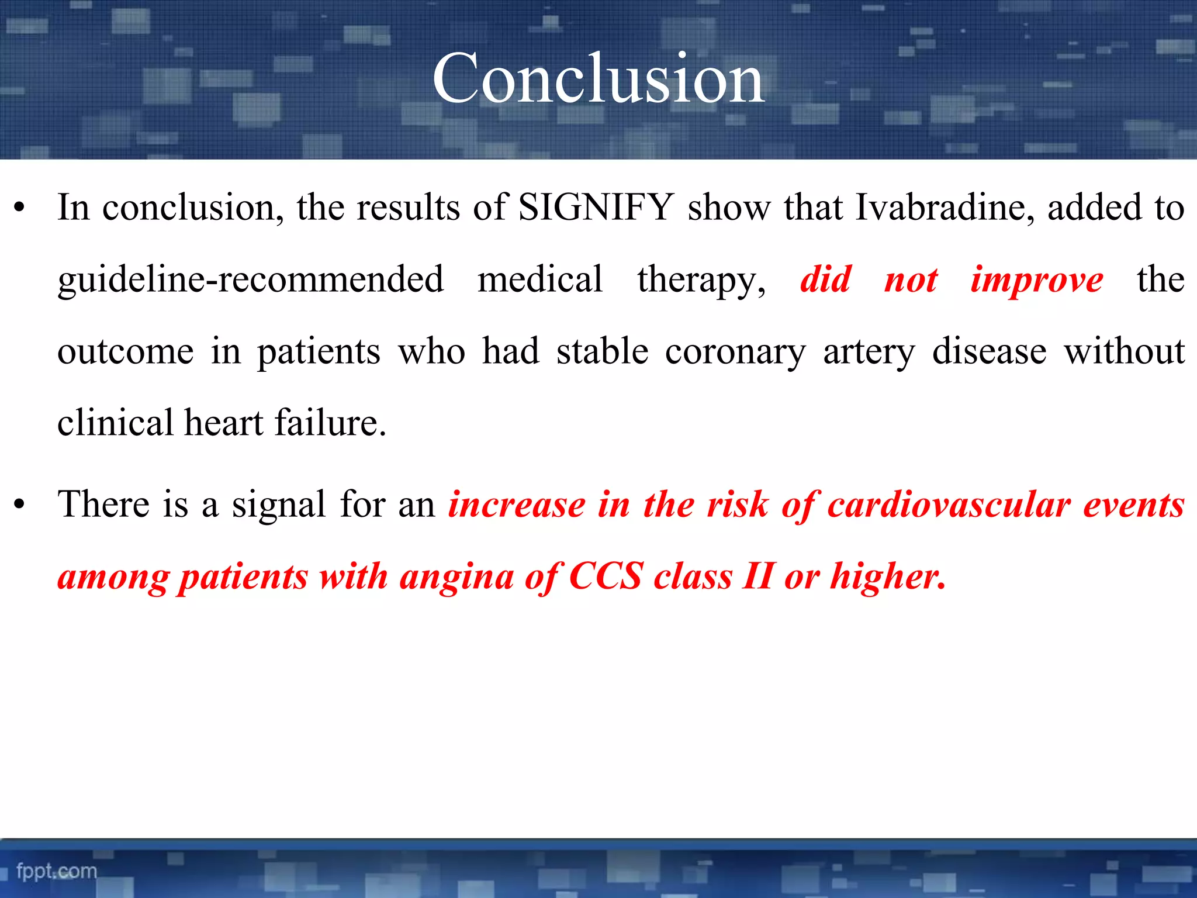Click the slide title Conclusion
[x=598, y=78]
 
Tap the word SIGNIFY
[x=596, y=207]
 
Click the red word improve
[x=1037, y=279]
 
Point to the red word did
[x=825, y=279]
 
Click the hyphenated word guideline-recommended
[x=250, y=279]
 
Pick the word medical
[x=539, y=279]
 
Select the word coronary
[x=735, y=352]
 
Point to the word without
[x=1123, y=351]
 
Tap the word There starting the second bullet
[x=103, y=504]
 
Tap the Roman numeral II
[x=759, y=576]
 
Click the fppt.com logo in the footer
[x=57, y=871]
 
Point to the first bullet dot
[x=20, y=208]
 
